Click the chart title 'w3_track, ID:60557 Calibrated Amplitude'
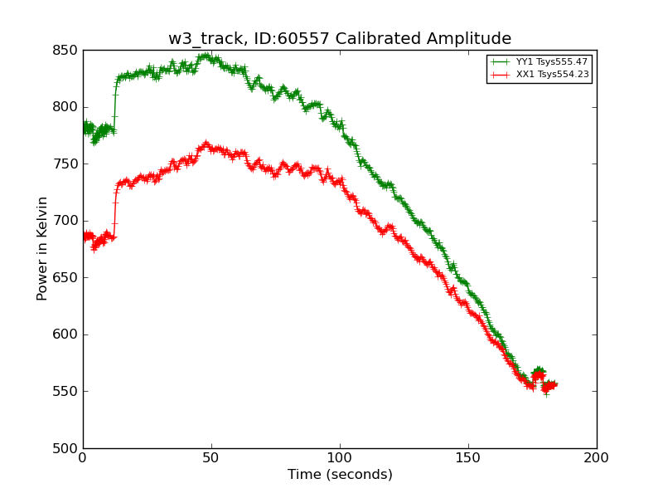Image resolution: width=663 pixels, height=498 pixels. [x=340, y=39]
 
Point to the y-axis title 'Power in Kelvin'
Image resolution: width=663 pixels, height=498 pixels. [x=42, y=248]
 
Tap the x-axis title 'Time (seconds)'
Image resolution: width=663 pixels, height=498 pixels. [x=340, y=475]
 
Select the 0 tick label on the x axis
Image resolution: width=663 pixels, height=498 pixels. [x=83, y=458]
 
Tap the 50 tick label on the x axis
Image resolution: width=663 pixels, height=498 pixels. [x=211, y=458]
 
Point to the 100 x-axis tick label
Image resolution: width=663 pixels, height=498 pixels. [x=340, y=458]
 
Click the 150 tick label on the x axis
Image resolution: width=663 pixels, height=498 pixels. [x=468, y=458]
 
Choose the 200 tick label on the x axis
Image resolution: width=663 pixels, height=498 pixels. [x=597, y=458]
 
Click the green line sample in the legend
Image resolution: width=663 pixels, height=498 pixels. [x=499, y=62]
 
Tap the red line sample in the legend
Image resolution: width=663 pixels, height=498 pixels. [x=499, y=75]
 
